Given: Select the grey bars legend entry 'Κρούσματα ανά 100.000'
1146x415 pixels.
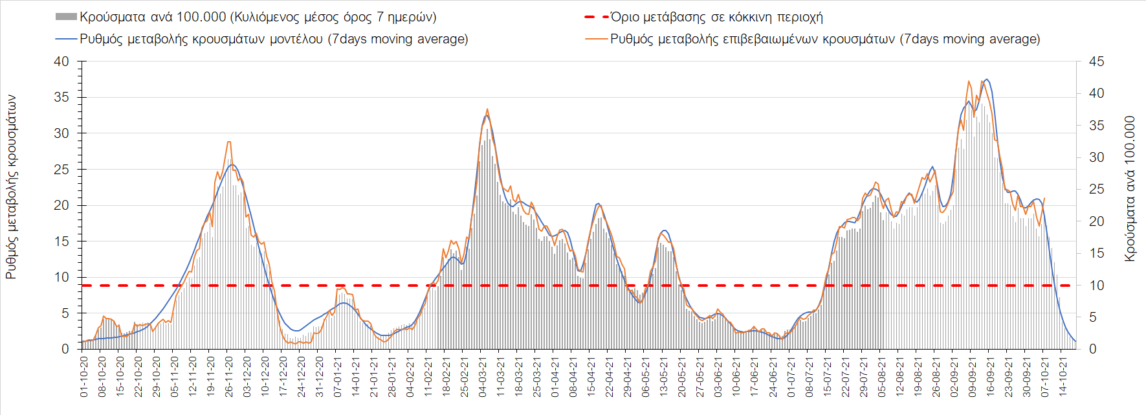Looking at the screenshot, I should (258, 17).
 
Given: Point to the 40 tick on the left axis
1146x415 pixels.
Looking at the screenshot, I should (61, 62).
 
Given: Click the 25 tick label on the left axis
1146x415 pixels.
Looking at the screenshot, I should (61, 170).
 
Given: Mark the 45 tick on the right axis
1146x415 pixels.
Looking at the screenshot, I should (1096, 62).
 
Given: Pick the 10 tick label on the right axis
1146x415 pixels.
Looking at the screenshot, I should (1096, 286).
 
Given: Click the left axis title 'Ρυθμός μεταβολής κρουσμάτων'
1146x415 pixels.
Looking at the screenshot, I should (11, 187).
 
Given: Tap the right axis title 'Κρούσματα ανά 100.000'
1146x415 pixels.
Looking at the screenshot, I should (1130, 188).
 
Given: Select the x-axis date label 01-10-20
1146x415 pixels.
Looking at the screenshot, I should (84, 376).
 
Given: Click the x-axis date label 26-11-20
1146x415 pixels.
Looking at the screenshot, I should (229, 376).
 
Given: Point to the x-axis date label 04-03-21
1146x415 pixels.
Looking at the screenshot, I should (483, 376).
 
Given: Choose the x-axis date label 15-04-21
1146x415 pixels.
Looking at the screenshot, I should (591, 376).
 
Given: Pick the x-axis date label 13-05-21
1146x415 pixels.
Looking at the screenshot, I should (664, 376).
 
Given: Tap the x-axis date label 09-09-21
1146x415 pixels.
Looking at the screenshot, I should (972, 376).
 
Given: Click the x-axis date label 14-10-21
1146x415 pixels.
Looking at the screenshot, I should (1063, 376).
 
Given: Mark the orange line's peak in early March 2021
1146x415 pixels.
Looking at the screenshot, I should (487, 109).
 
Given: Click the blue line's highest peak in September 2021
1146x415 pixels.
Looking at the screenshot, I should (986, 80).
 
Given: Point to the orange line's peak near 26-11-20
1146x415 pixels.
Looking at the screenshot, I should (229, 142).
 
